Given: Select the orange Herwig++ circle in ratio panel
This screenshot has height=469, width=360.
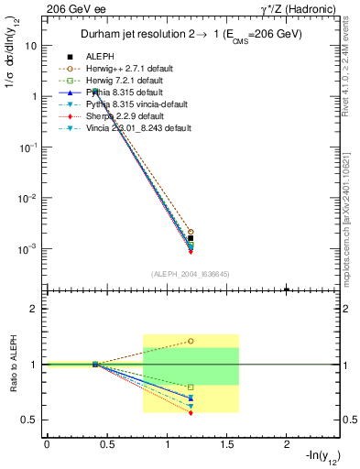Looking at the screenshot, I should coord(191,341).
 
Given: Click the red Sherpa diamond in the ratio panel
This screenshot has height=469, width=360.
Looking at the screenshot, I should coord(191,413).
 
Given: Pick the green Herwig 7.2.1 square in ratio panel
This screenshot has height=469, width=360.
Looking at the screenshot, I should coord(191,387).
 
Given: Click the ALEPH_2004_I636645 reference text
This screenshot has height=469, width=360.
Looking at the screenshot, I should coord(190,274).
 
